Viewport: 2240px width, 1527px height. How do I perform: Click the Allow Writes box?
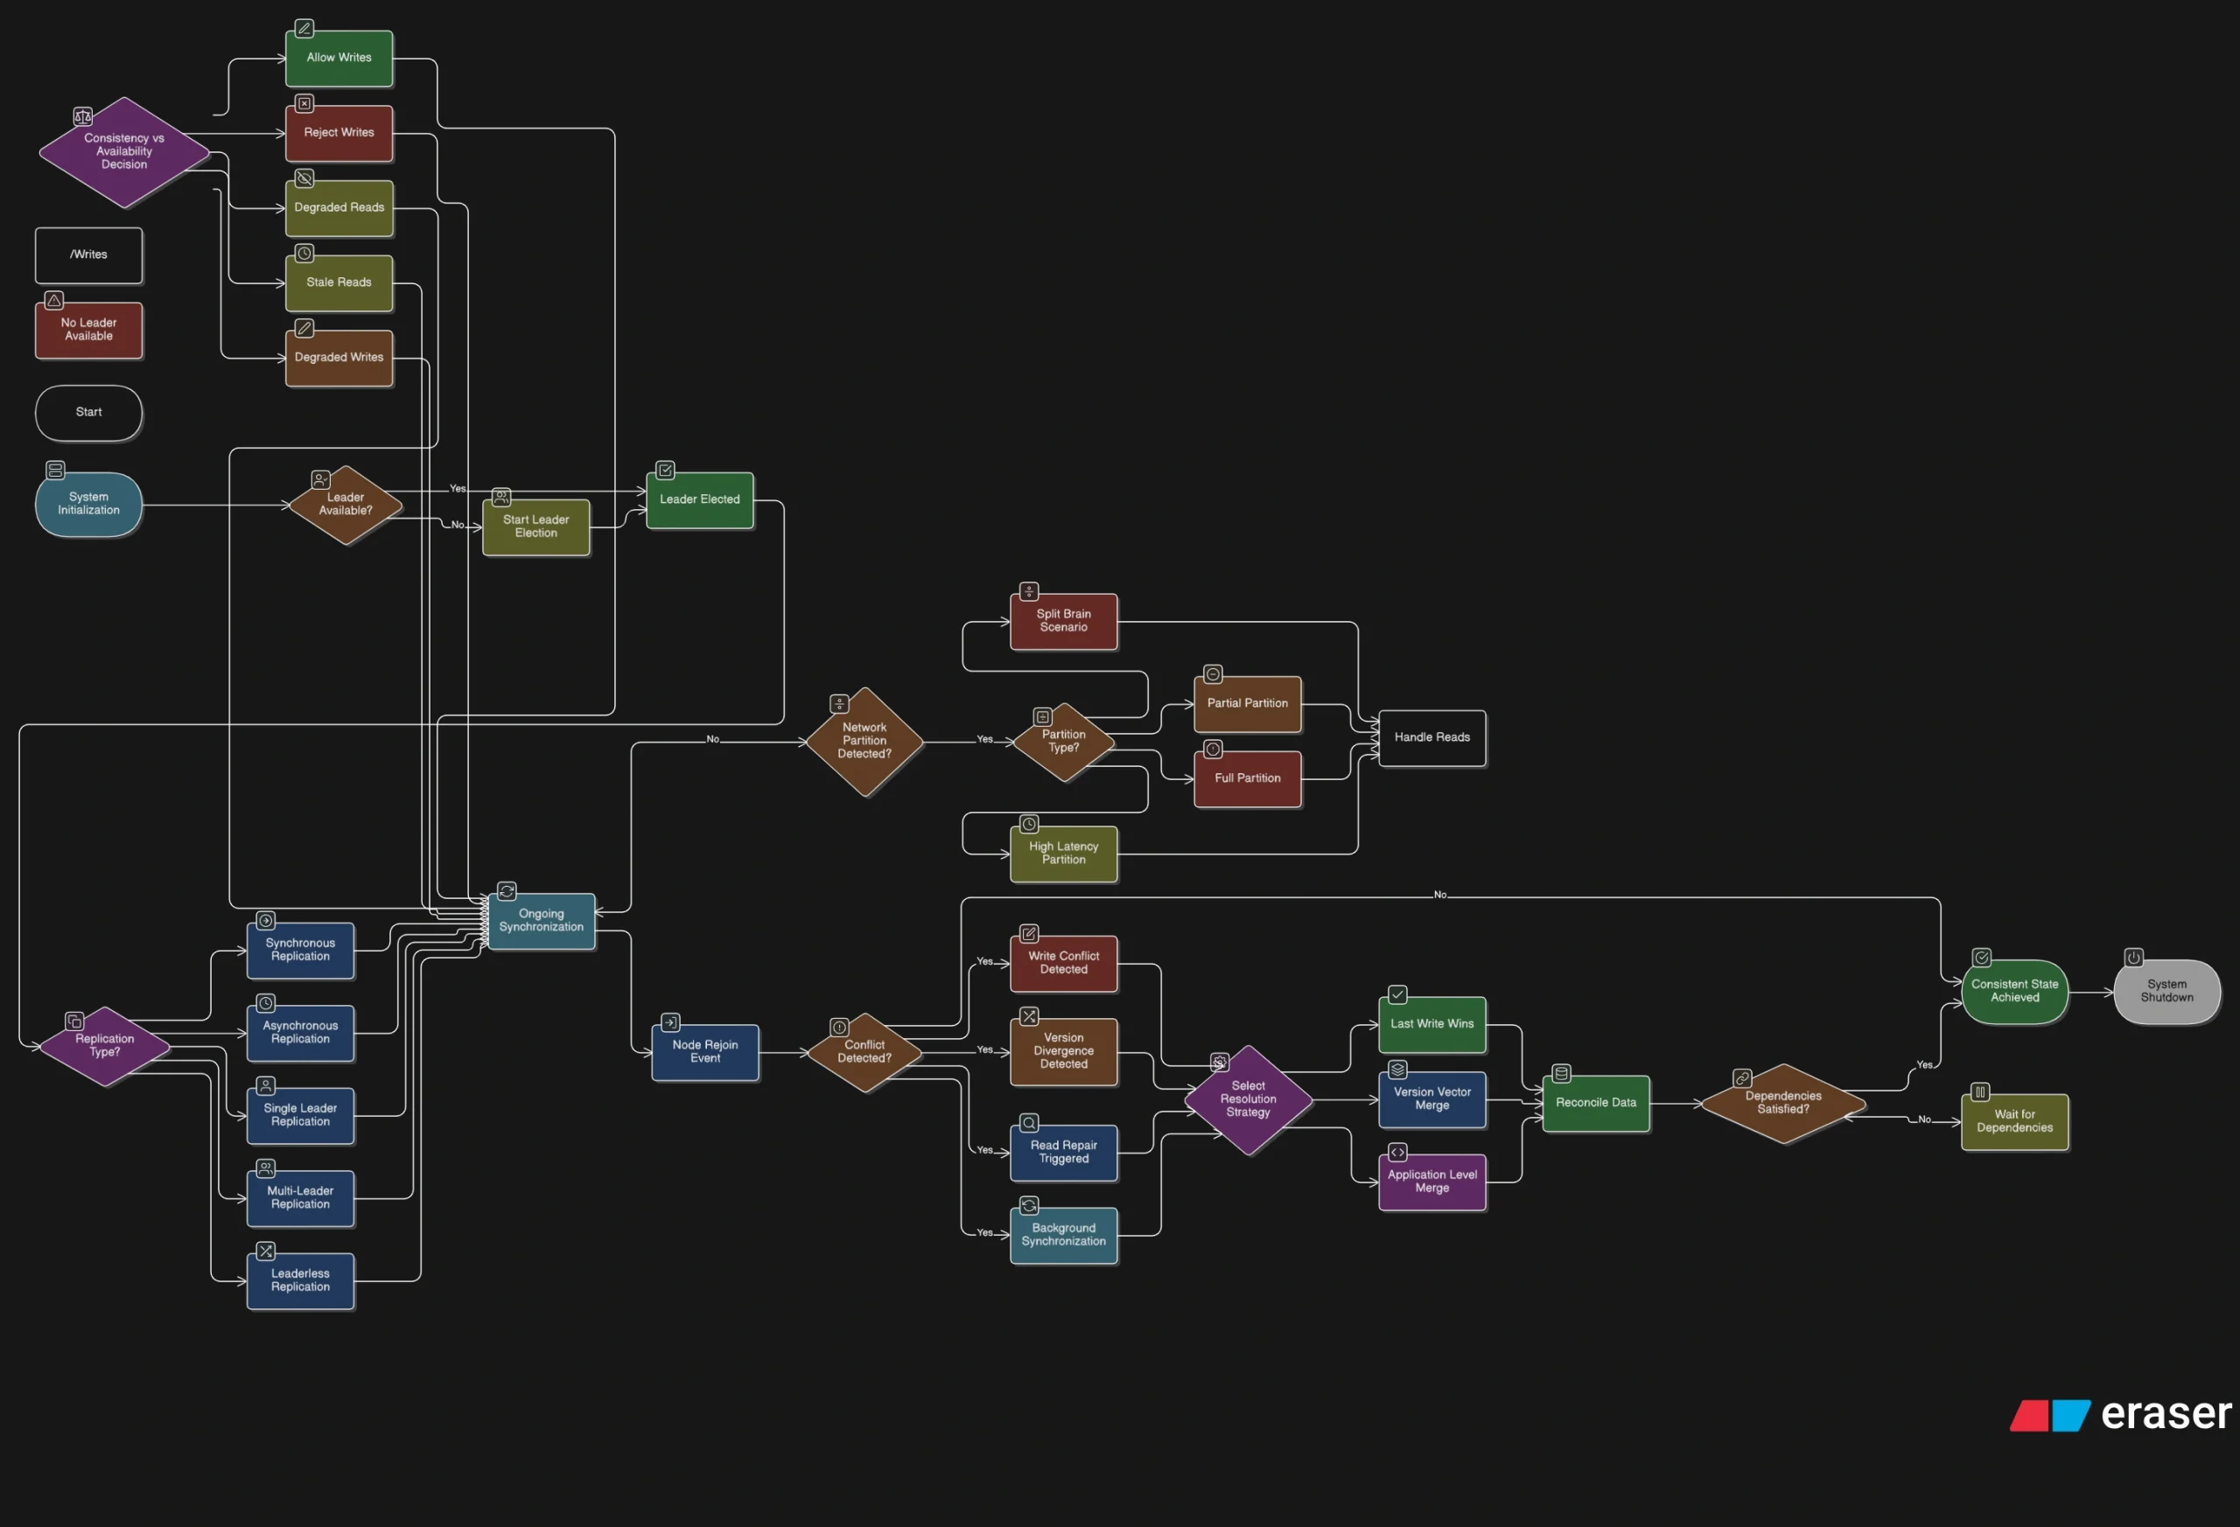click(x=339, y=59)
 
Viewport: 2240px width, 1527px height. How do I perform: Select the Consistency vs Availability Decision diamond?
click(x=124, y=152)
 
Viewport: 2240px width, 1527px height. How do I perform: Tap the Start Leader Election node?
click(x=535, y=527)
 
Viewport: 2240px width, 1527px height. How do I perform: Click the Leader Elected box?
click(x=700, y=500)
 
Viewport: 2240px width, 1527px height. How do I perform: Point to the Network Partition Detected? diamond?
click(x=864, y=742)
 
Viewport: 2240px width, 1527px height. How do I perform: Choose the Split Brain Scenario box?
click(x=1063, y=622)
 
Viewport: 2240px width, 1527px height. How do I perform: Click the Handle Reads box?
click(x=1431, y=738)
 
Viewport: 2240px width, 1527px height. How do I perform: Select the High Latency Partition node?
click(x=1063, y=854)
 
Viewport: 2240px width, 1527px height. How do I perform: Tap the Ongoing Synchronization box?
click(x=541, y=921)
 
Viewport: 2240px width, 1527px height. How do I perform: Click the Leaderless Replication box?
click(x=300, y=1280)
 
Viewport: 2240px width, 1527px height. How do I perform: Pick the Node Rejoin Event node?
click(x=704, y=1052)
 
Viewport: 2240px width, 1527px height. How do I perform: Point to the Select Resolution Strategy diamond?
click(x=1249, y=1099)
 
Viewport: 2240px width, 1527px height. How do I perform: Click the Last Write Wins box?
click(x=1431, y=1024)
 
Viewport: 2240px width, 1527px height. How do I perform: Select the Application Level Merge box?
click(x=1431, y=1182)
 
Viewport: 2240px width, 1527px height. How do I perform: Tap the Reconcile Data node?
click(x=1595, y=1103)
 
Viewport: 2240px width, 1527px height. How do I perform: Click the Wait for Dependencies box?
click(x=2013, y=1121)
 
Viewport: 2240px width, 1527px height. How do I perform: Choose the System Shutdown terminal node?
click(x=2166, y=992)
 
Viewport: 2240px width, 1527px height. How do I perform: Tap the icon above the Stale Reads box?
click(x=304, y=254)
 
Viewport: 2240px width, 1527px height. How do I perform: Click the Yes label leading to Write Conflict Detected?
click(x=984, y=961)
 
